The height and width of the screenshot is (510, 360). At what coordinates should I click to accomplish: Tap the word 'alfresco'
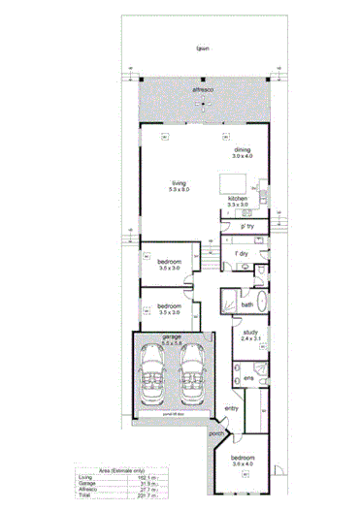click(203, 88)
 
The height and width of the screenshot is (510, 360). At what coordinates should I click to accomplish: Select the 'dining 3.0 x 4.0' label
click(242, 152)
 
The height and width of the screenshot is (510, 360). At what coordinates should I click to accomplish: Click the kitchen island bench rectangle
click(230, 182)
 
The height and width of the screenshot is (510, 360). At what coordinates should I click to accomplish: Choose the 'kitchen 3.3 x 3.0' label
click(238, 202)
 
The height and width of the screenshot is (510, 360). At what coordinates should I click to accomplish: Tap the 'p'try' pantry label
click(248, 226)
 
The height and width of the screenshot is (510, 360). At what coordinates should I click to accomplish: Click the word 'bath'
click(246, 304)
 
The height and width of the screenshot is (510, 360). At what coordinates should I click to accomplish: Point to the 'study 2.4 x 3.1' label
click(250, 337)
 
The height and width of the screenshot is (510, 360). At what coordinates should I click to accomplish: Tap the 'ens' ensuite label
click(248, 376)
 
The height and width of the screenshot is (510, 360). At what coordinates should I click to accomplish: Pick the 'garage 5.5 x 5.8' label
click(172, 340)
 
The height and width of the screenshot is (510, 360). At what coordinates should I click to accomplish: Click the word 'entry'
click(231, 408)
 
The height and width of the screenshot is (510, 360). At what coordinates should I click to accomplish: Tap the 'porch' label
click(216, 433)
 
